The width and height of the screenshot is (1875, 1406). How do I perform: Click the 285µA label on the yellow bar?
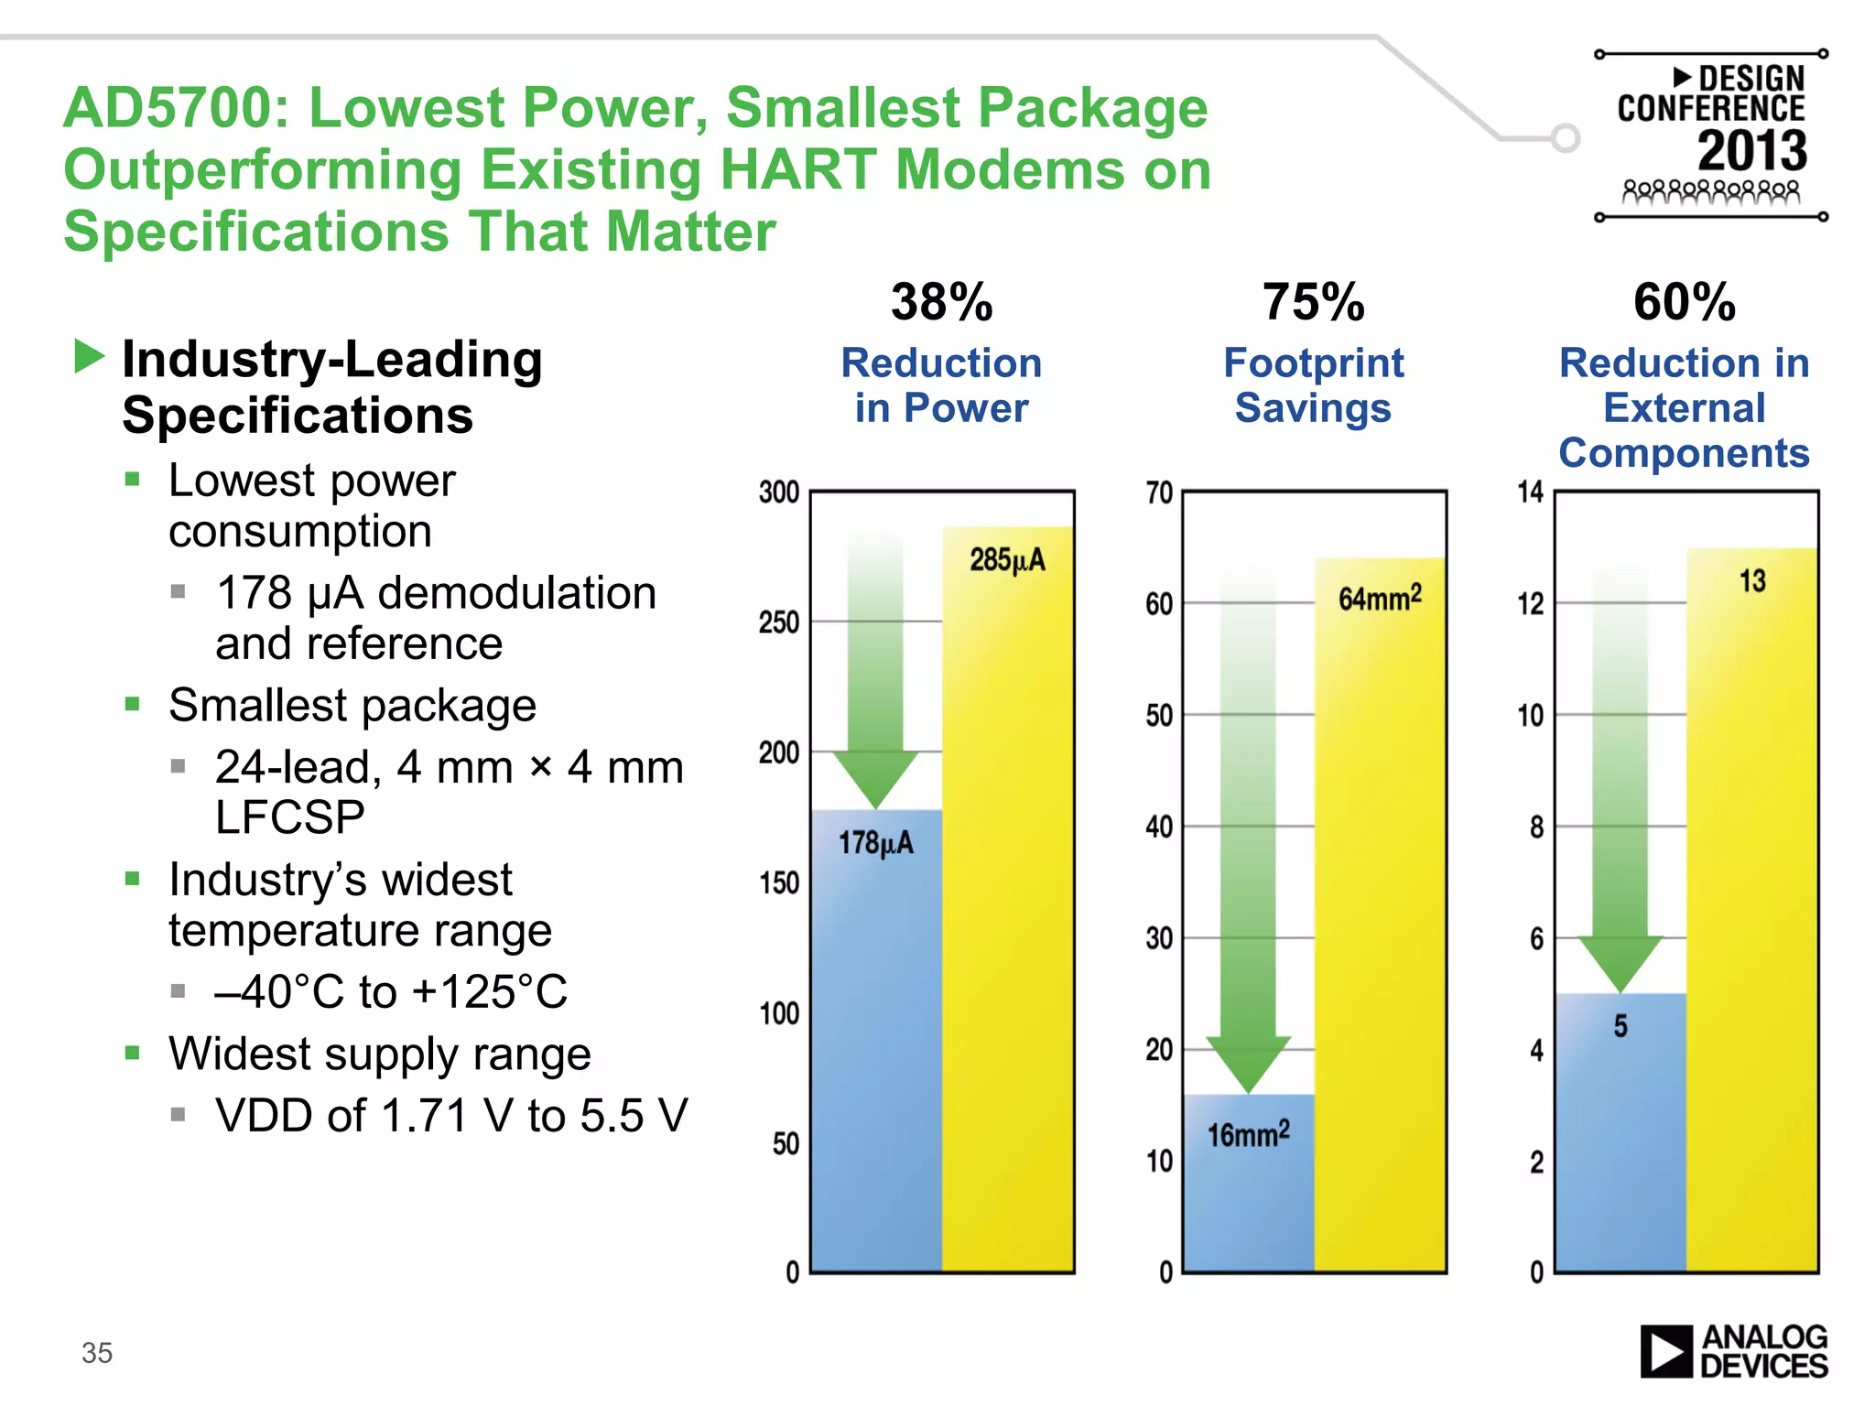click(x=1007, y=559)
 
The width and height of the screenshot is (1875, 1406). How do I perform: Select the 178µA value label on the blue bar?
click(x=876, y=843)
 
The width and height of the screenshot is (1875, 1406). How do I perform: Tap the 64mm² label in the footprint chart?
click(x=1380, y=598)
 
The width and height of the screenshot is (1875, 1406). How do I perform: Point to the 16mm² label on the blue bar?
click(x=1248, y=1134)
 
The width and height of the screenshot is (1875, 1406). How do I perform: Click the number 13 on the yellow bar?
click(x=1752, y=580)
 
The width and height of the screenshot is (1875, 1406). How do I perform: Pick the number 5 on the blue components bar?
click(x=1620, y=1026)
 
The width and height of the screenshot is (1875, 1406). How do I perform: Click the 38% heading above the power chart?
click(x=941, y=302)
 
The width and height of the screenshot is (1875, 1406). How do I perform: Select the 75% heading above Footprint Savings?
click(x=1313, y=302)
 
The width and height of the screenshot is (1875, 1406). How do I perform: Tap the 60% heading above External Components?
click(x=1685, y=302)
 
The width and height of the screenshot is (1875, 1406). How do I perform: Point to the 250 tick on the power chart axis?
click(x=779, y=622)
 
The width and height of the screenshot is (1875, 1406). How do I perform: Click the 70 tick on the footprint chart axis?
click(x=1159, y=493)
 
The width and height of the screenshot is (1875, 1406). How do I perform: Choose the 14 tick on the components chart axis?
click(x=1531, y=492)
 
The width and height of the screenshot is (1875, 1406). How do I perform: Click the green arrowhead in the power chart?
click(x=876, y=778)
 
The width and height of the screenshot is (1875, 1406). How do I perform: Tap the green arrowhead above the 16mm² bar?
click(x=1248, y=1063)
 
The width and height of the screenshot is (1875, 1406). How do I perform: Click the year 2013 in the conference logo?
click(x=1752, y=151)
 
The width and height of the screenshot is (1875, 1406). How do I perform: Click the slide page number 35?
click(x=97, y=1352)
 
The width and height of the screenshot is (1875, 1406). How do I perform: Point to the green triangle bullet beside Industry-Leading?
click(x=89, y=356)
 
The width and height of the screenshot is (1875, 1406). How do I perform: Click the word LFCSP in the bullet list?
click(x=289, y=817)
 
